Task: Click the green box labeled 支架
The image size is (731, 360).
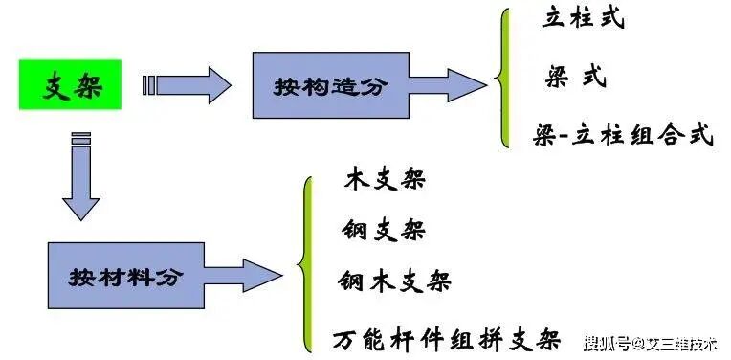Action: point(73,84)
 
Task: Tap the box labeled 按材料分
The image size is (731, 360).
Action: point(124,277)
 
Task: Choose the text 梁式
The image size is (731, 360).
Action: point(576,77)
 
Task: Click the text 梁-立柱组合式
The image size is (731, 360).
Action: point(623,135)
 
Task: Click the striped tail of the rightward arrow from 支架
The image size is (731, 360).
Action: point(148,85)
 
